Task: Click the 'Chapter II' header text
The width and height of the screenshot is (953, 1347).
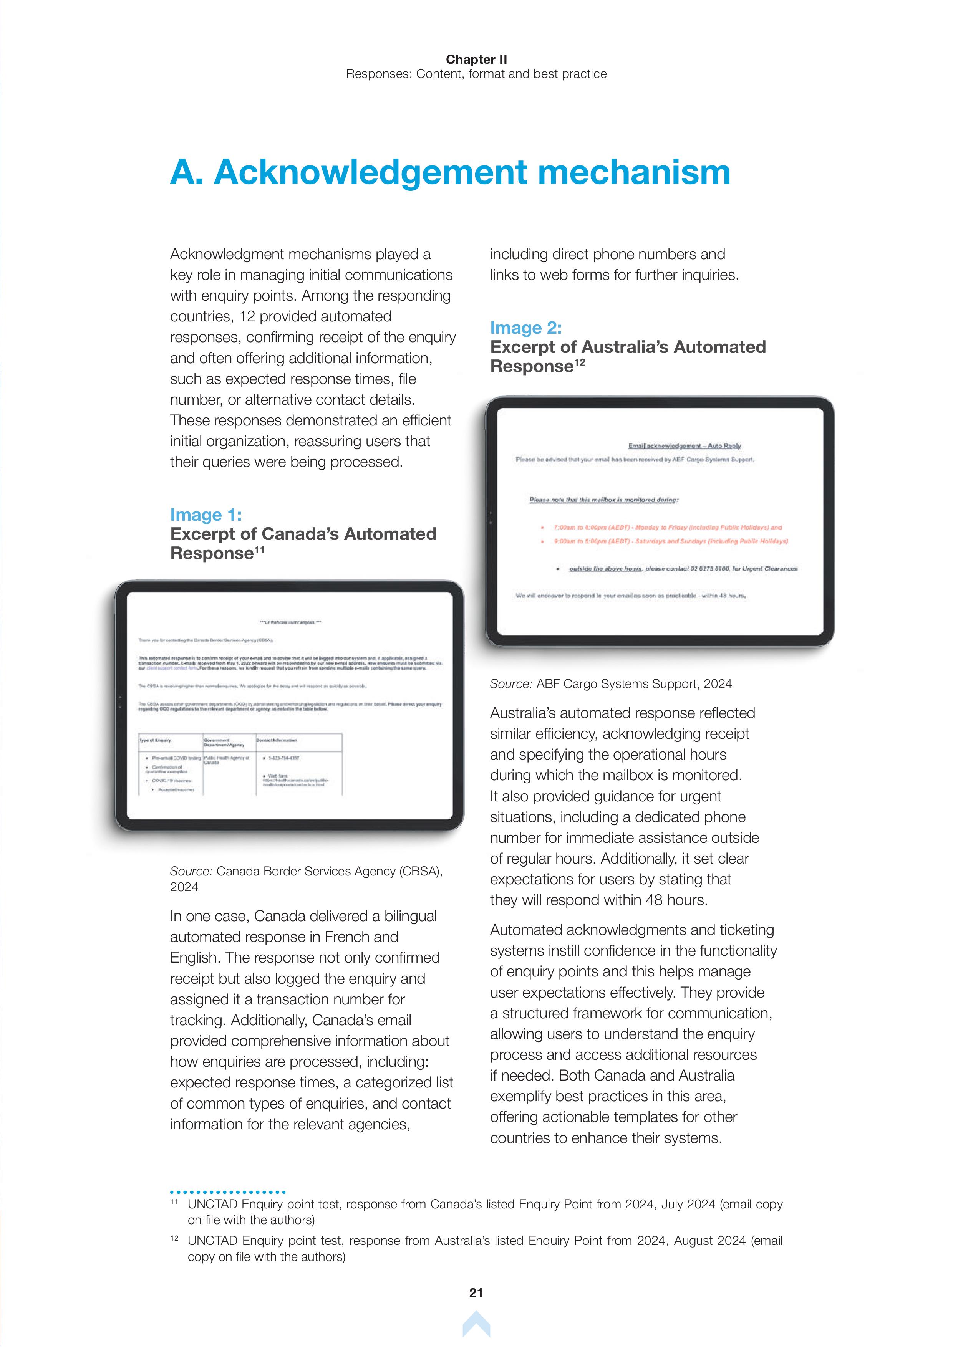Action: click(476, 59)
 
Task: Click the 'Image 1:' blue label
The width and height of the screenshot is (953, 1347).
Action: click(206, 515)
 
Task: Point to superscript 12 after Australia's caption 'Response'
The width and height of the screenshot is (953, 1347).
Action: click(580, 362)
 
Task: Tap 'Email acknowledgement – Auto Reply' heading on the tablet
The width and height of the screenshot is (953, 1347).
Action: click(684, 446)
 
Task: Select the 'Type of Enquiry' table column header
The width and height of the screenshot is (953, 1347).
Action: click(156, 740)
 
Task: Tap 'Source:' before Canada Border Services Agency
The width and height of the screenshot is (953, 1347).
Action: click(191, 871)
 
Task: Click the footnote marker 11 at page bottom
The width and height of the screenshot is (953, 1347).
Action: click(174, 1202)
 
